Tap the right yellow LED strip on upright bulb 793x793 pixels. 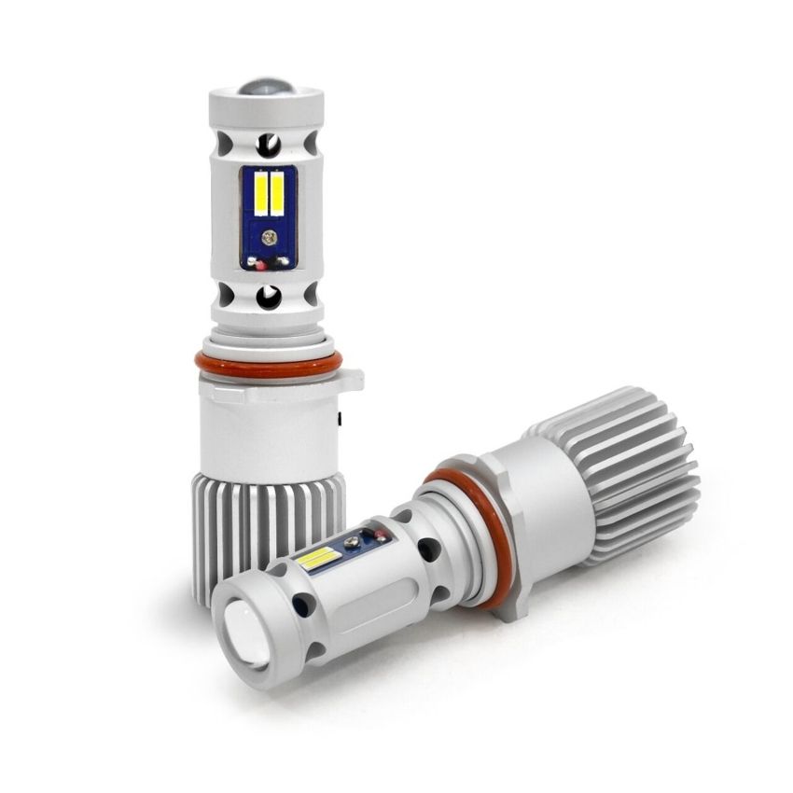click(278, 194)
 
